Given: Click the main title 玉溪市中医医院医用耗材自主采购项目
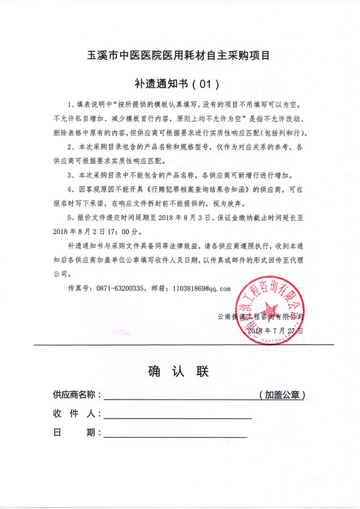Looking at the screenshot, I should point(179,55).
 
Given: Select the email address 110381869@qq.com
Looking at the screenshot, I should point(201,288).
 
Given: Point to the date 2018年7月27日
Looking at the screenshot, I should point(275,330).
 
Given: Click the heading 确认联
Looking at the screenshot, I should point(178,372).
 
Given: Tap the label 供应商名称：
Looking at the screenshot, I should point(77,394).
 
